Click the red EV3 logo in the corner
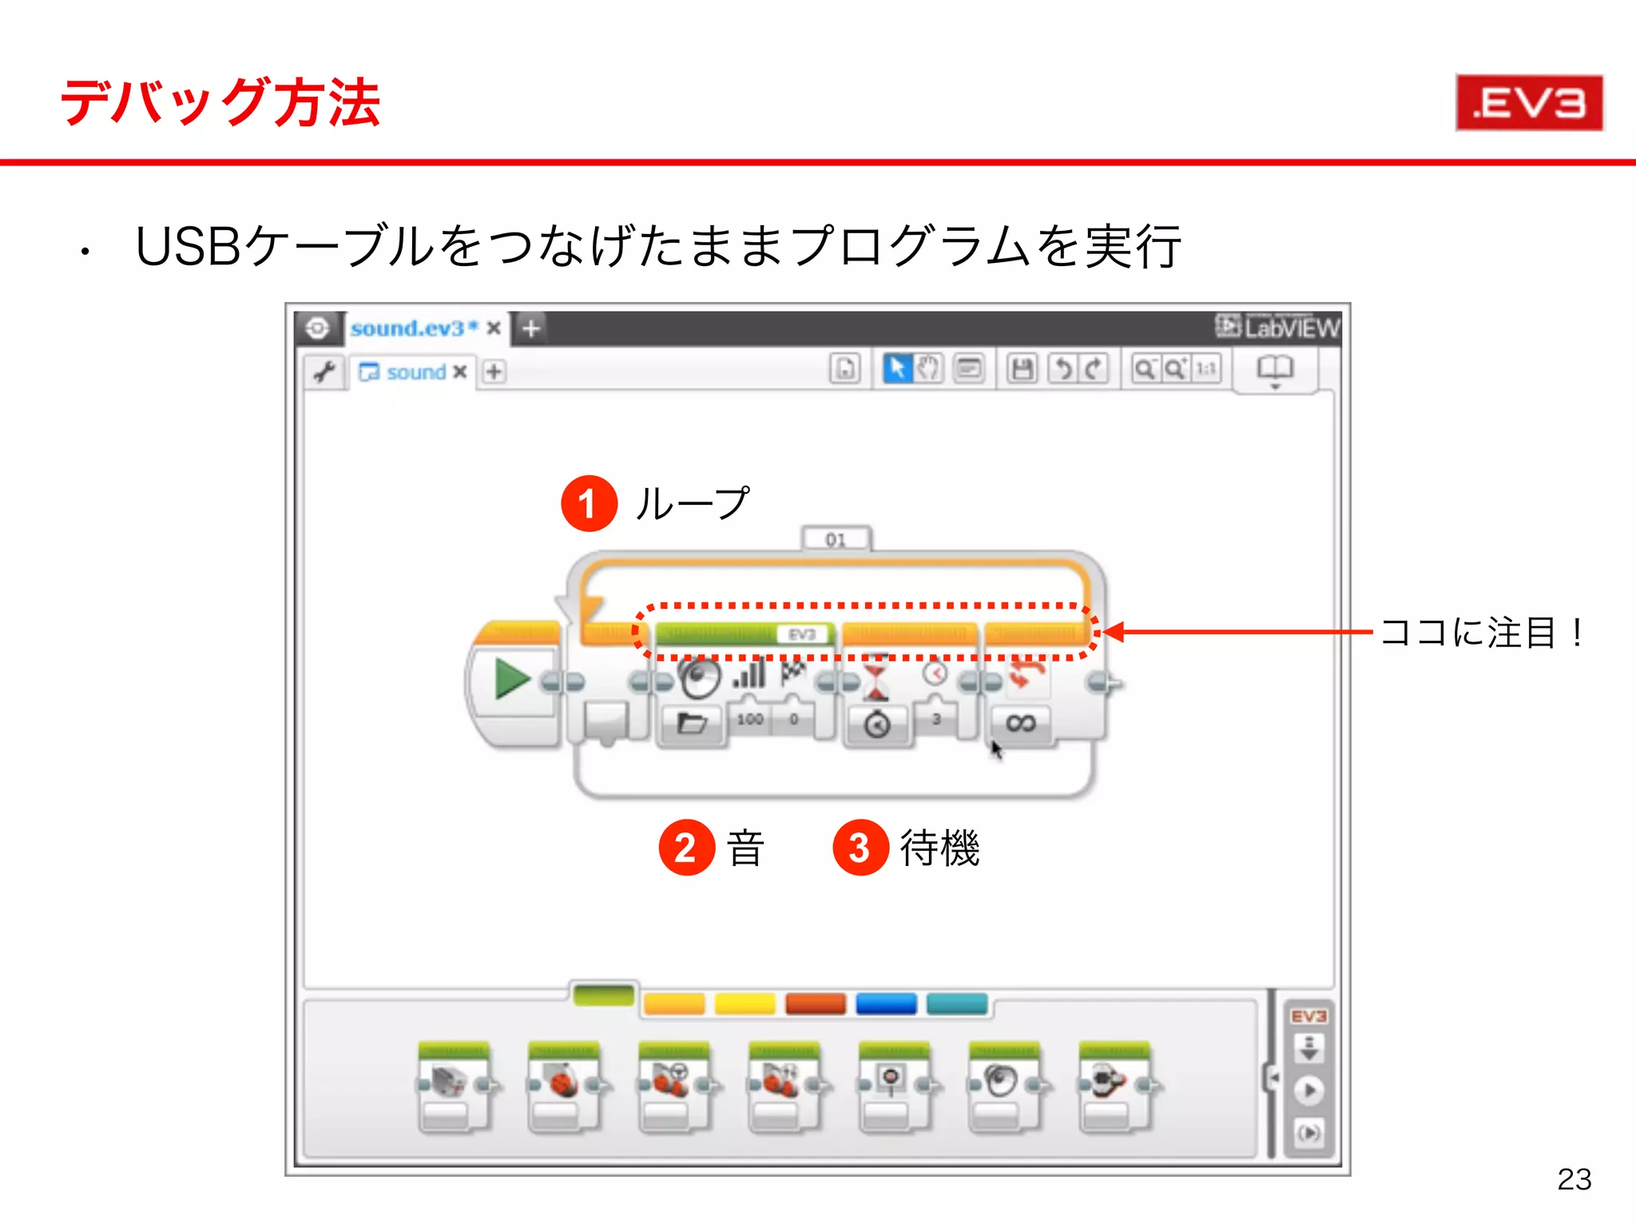(1529, 103)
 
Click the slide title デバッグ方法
(220, 103)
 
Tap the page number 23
(1574, 1179)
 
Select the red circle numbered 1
(589, 504)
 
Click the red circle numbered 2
(686, 848)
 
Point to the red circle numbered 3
(860, 848)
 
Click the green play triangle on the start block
(511, 679)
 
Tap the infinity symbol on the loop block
(1020, 724)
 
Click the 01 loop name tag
(836, 539)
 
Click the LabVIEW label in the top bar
(1278, 328)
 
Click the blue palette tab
(886, 1003)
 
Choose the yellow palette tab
(745, 1003)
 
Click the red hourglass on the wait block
(876, 677)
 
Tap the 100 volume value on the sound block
(749, 719)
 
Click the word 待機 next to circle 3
(939, 848)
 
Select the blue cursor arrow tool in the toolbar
(896, 369)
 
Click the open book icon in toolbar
(1274, 369)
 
